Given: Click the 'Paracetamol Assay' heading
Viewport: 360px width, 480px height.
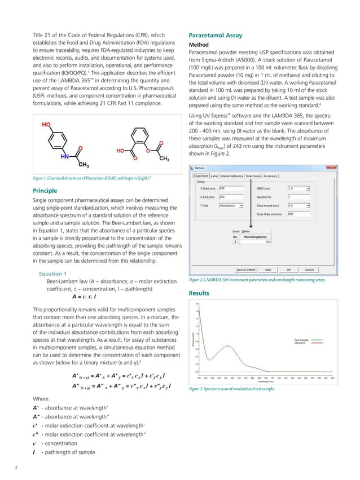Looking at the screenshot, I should click(x=214, y=36).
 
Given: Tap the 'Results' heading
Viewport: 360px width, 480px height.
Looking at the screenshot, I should click(x=198, y=293).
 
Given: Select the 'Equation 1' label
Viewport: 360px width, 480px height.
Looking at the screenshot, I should click(x=53, y=274).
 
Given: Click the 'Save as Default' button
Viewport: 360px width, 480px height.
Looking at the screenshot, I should click(x=247, y=270).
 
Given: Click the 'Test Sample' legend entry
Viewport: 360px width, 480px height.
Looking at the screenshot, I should click(x=301, y=340).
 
